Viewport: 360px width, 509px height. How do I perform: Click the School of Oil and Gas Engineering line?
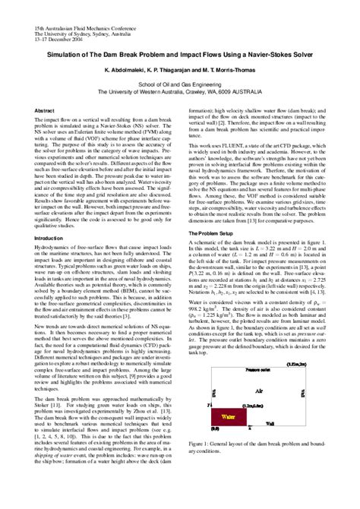tap(181, 81)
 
